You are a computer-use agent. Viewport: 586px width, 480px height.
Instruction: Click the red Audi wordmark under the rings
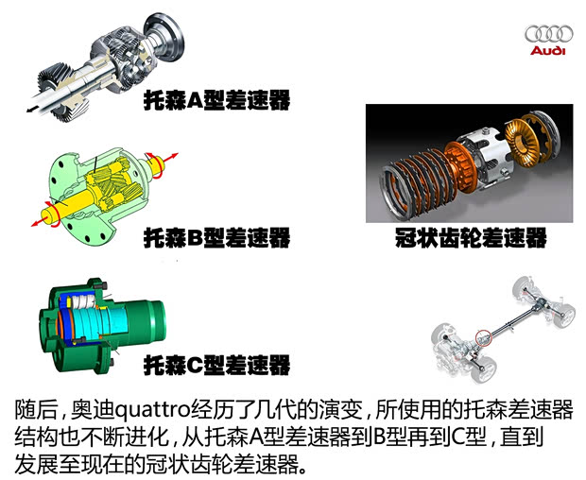click(545, 50)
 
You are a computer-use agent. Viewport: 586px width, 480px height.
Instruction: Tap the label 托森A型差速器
click(215, 99)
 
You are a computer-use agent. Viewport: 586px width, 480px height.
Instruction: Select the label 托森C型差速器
click(215, 364)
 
